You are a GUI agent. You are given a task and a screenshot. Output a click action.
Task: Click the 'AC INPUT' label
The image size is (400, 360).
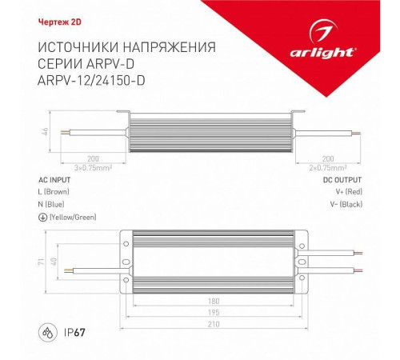pyautogui.click(x=54, y=180)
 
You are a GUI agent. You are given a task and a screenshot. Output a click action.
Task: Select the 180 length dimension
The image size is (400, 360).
pyautogui.click(x=210, y=301)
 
